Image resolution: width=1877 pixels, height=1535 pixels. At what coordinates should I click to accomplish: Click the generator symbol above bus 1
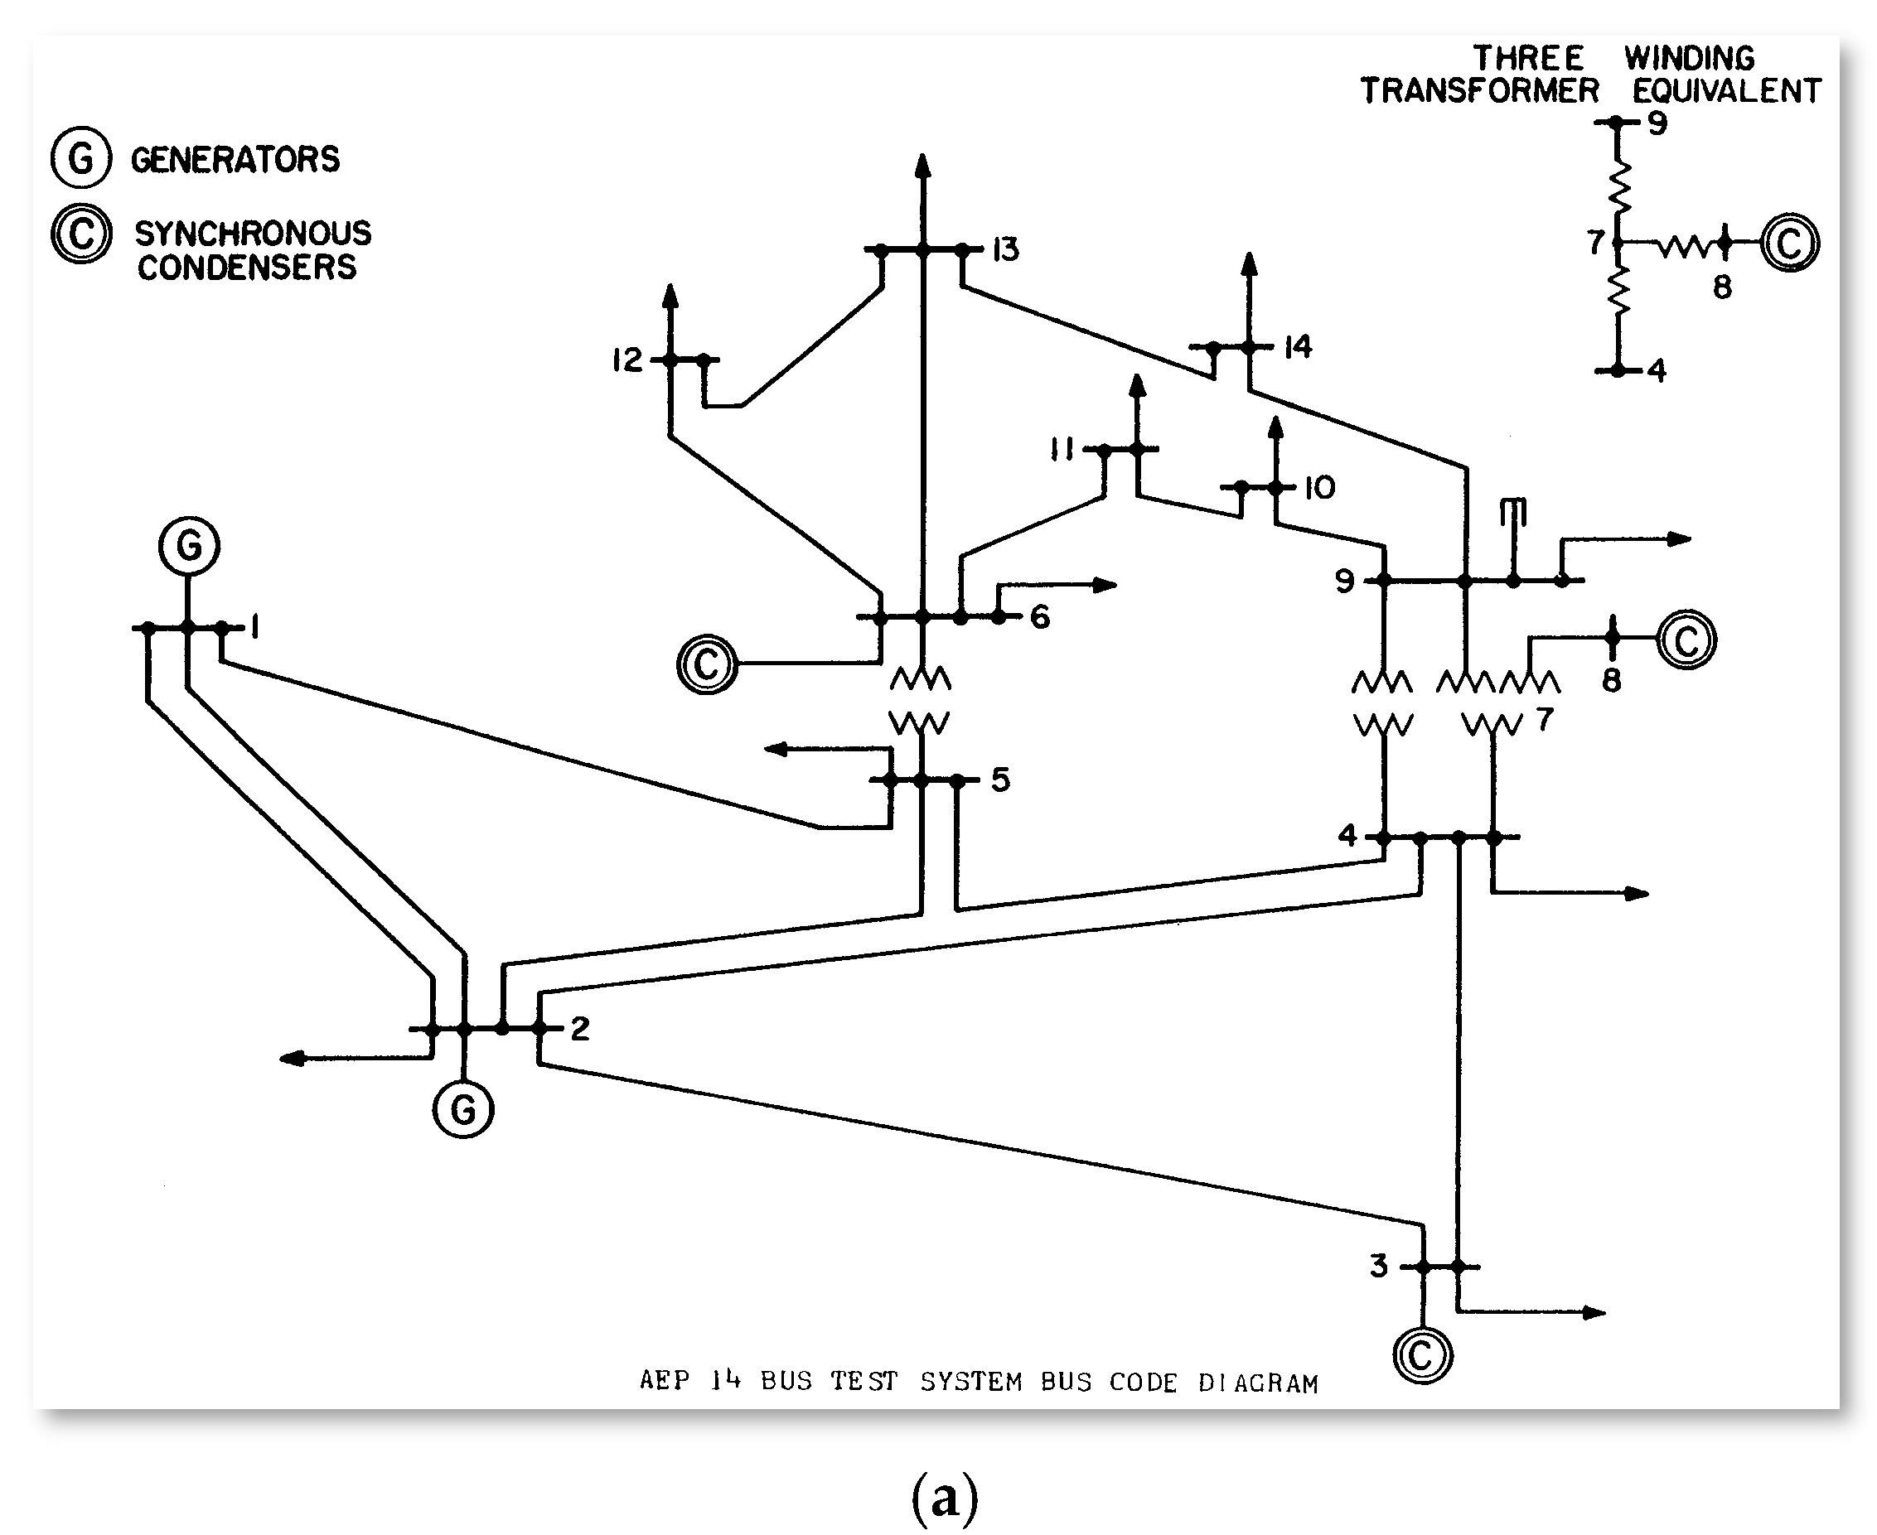point(189,546)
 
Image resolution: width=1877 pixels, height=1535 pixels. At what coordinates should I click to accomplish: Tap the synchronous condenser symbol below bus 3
point(1422,1354)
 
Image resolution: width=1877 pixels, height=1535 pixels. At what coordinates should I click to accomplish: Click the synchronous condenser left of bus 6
point(707,664)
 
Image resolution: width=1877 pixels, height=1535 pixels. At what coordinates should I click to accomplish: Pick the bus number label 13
point(1005,250)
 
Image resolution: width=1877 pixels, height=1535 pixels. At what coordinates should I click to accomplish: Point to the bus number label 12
point(627,360)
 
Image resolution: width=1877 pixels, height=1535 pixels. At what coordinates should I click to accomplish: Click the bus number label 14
point(1298,346)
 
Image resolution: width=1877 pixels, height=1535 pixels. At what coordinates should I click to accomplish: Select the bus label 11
point(1062,450)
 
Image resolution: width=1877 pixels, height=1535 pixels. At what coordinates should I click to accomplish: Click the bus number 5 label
point(1000,779)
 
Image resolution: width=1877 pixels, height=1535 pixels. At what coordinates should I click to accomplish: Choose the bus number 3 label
point(1378,1265)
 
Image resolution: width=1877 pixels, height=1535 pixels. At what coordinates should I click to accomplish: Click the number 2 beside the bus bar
point(580,1027)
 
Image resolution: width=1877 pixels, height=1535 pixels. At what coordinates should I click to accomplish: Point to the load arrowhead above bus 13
point(922,166)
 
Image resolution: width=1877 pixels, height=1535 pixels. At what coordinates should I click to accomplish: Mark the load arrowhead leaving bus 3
point(1593,1312)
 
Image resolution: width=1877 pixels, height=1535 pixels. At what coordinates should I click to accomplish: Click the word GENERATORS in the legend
point(235,159)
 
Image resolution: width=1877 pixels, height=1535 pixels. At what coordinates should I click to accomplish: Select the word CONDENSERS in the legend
point(247,267)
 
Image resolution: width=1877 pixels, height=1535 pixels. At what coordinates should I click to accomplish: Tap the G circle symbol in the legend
point(80,158)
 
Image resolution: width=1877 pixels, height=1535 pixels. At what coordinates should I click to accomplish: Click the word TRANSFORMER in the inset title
point(1480,90)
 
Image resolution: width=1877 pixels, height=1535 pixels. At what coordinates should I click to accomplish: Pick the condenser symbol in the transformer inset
point(1789,242)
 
